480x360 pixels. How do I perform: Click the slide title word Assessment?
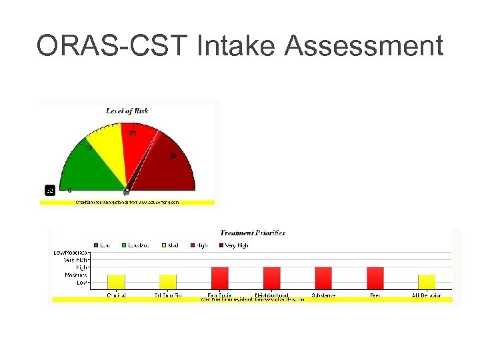pyautogui.click(x=363, y=47)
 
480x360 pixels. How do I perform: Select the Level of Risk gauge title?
pyautogui.click(x=127, y=111)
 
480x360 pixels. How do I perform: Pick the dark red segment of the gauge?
pyautogui.click(x=170, y=167)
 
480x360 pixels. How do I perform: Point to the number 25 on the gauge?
pyautogui.click(x=133, y=133)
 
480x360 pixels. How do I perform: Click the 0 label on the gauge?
pyautogui.click(x=70, y=190)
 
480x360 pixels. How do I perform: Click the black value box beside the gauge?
pyautogui.click(x=49, y=190)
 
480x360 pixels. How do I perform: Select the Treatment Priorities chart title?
pyautogui.click(x=253, y=233)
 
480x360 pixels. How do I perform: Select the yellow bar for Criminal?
pyautogui.click(x=116, y=282)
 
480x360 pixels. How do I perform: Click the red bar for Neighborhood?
pyautogui.click(x=271, y=278)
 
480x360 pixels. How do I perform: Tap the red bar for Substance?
pyautogui.click(x=323, y=278)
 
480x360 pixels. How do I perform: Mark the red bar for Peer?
pyautogui.click(x=375, y=278)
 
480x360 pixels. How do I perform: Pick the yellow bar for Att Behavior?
pyautogui.click(x=427, y=282)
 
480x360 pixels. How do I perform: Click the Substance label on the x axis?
pyautogui.click(x=323, y=295)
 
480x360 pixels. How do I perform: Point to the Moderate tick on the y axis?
pyautogui.click(x=75, y=275)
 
